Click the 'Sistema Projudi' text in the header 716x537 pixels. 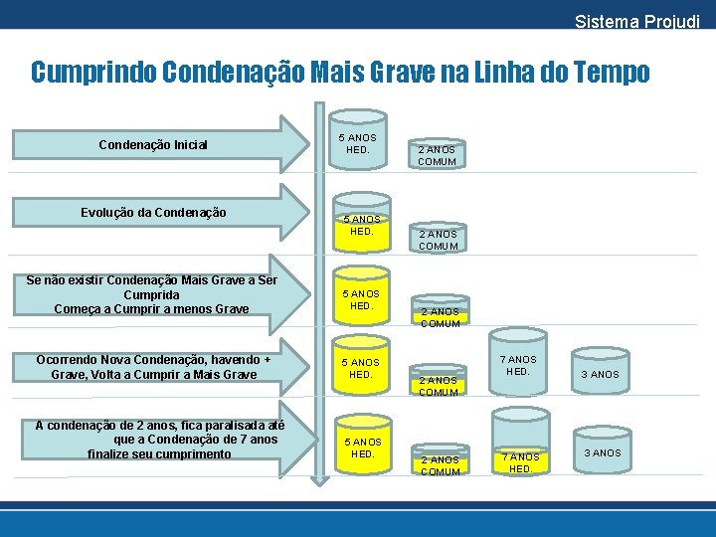tap(636, 21)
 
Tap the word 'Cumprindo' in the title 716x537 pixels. tap(92, 73)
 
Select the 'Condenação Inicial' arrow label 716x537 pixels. tap(153, 145)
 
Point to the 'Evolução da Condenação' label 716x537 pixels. tap(153, 212)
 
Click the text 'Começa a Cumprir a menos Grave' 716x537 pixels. tap(152, 309)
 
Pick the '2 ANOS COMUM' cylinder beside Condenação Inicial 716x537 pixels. tap(438, 154)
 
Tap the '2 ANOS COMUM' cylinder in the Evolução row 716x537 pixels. tap(438, 239)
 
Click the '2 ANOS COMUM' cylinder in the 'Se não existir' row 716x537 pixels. tap(439, 314)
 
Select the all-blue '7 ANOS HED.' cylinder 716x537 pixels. tap(517, 365)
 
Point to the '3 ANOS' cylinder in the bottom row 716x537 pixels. tap(601, 451)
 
